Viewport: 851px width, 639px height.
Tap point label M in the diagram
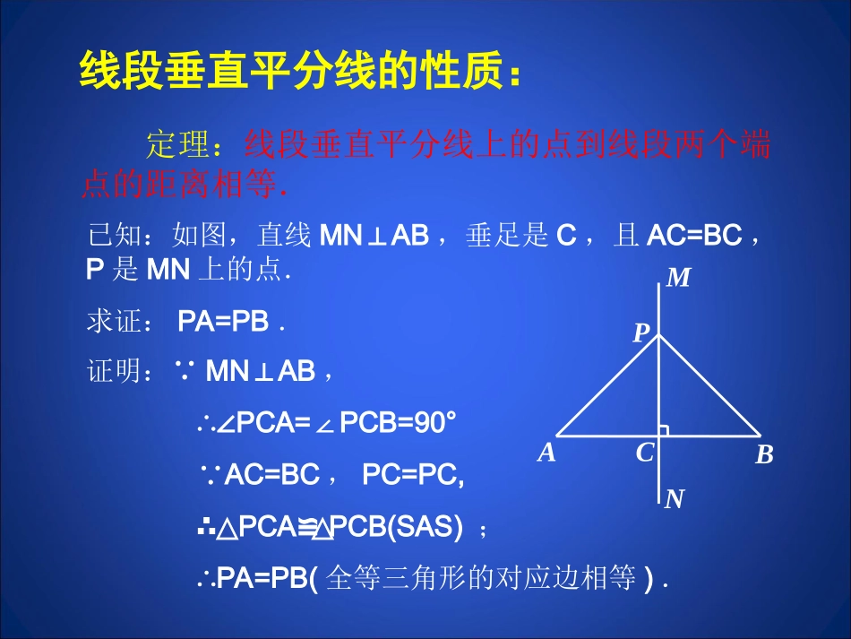tap(679, 279)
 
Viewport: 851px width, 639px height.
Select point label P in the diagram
tap(640, 334)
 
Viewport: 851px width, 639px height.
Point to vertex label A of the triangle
tap(546, 453)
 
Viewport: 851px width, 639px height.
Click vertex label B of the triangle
tap(764, 455)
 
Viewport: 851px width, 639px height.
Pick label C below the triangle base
tap(645, 453)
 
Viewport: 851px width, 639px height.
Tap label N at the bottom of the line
tap(675, 499)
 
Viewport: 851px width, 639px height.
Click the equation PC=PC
tap(411, 476)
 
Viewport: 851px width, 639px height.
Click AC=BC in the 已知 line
tap(694, 237)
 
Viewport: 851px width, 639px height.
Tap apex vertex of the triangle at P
tap(659, 335)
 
